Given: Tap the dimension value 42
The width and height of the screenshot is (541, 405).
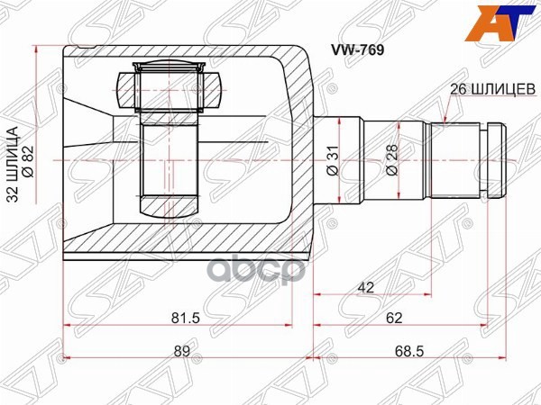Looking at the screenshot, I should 367,287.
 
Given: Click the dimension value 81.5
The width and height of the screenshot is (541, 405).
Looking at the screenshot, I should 187,318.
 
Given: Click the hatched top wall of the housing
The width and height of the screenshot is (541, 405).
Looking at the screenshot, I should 180,53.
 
